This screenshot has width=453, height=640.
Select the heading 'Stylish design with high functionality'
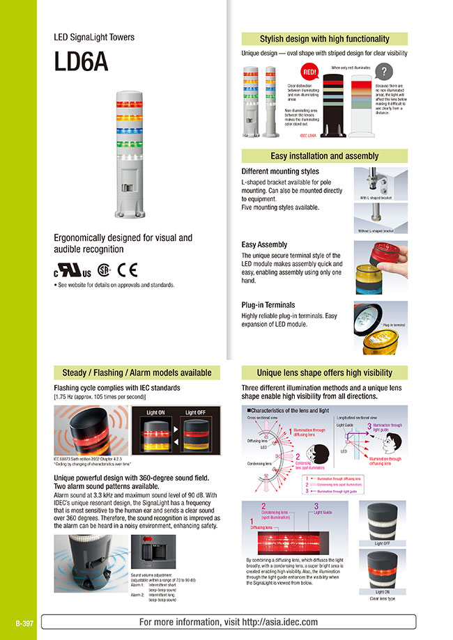point(324,39)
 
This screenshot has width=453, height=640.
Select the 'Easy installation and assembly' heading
point(324,156)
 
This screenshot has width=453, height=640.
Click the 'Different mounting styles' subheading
point(280,171)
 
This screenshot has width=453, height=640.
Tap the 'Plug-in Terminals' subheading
point(268,305)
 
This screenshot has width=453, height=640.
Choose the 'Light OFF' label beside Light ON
point(196,413)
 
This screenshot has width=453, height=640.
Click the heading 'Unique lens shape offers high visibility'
point(324,373)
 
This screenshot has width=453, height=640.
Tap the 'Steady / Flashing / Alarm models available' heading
point(132,373)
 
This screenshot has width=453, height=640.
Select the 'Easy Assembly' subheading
point(264,245)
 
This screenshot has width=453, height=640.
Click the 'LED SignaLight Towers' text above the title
point(94,37)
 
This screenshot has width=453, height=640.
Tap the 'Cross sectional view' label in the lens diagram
point(263,418)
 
